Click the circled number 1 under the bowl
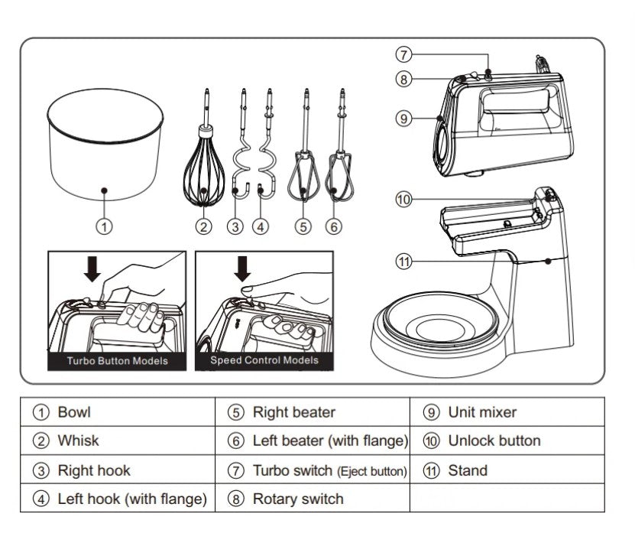coord(104,226)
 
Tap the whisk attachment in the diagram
coord(204,162)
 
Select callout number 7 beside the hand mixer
coord(403,54)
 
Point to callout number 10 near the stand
coord(403,200)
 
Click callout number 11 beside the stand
coord(403,262)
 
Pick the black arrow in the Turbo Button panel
coord(92,268)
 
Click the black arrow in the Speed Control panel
coord(242,268)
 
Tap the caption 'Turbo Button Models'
coord(117,361)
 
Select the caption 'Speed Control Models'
coord(264,360)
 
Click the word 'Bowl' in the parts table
coord(74,412)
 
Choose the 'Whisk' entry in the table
coord(78,441)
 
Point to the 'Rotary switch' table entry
coord(298,499)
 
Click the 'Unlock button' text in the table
coord(494,441)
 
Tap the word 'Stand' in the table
coord(468,470)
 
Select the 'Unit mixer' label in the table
coord(482,412)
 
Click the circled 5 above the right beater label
coord(303,226)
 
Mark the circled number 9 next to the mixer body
coord(403,119)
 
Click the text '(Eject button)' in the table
coord(372,471)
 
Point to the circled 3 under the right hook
coord(235,226)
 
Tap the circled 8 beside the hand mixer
coord(403,79)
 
